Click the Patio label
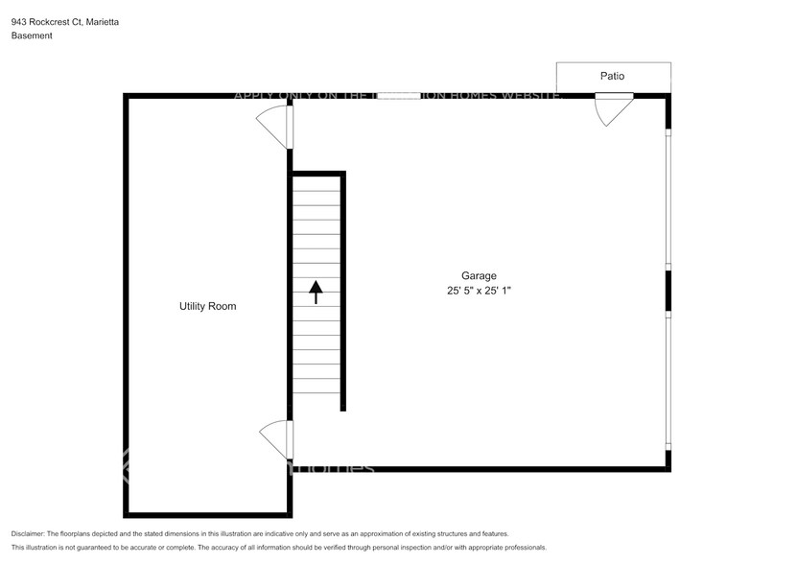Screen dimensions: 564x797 [613, 76]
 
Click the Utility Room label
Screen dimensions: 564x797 [207, 306]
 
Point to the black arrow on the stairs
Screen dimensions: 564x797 [316, 292]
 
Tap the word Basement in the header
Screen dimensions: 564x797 [32, 35]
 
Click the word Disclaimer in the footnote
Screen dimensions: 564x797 [28, 533]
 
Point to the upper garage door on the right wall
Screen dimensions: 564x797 [668, 200]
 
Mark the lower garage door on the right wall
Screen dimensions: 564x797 [668, 380]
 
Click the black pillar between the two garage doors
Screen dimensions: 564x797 [668, 291]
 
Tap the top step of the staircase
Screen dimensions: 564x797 [316, 182]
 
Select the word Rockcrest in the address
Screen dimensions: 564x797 [54, 21]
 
